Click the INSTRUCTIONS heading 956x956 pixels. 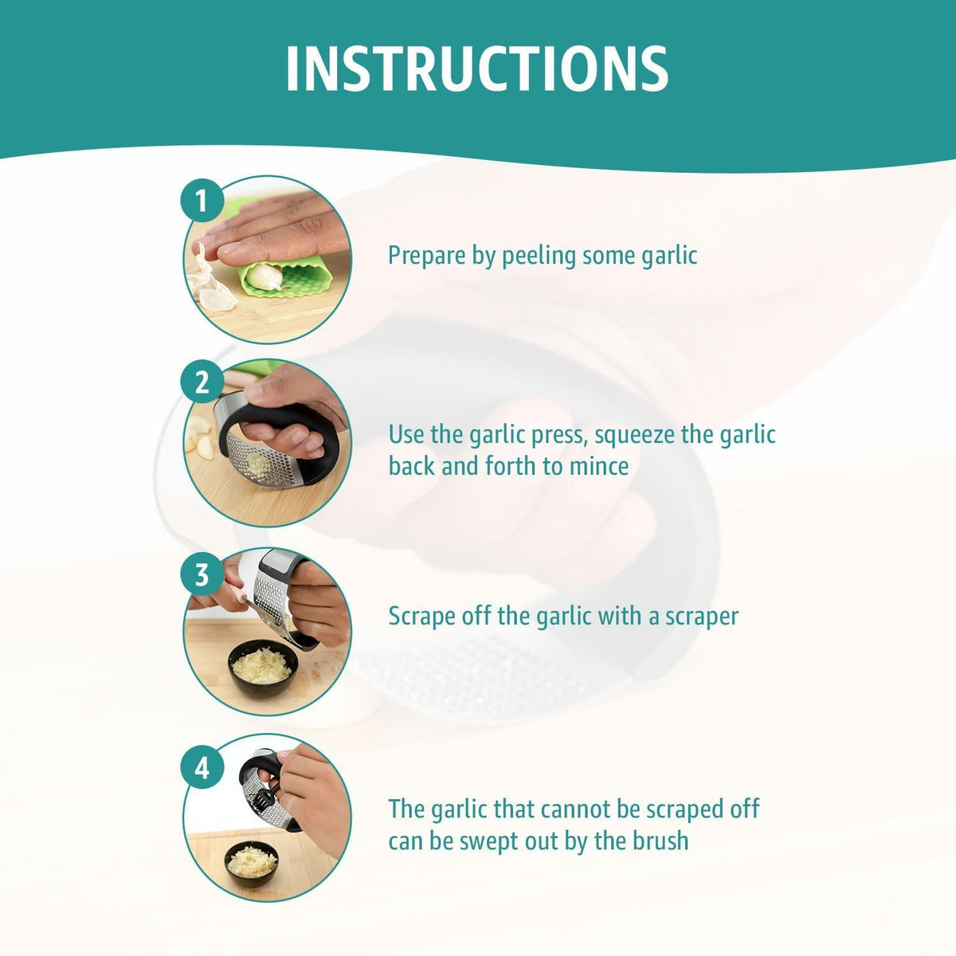477,69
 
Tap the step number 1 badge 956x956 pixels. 202,201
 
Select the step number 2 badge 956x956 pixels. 202,383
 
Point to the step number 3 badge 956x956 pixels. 202,575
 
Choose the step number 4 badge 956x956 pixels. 202,768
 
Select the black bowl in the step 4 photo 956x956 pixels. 252,864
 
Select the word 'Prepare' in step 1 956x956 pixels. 427,257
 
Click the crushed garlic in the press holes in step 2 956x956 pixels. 258,464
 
